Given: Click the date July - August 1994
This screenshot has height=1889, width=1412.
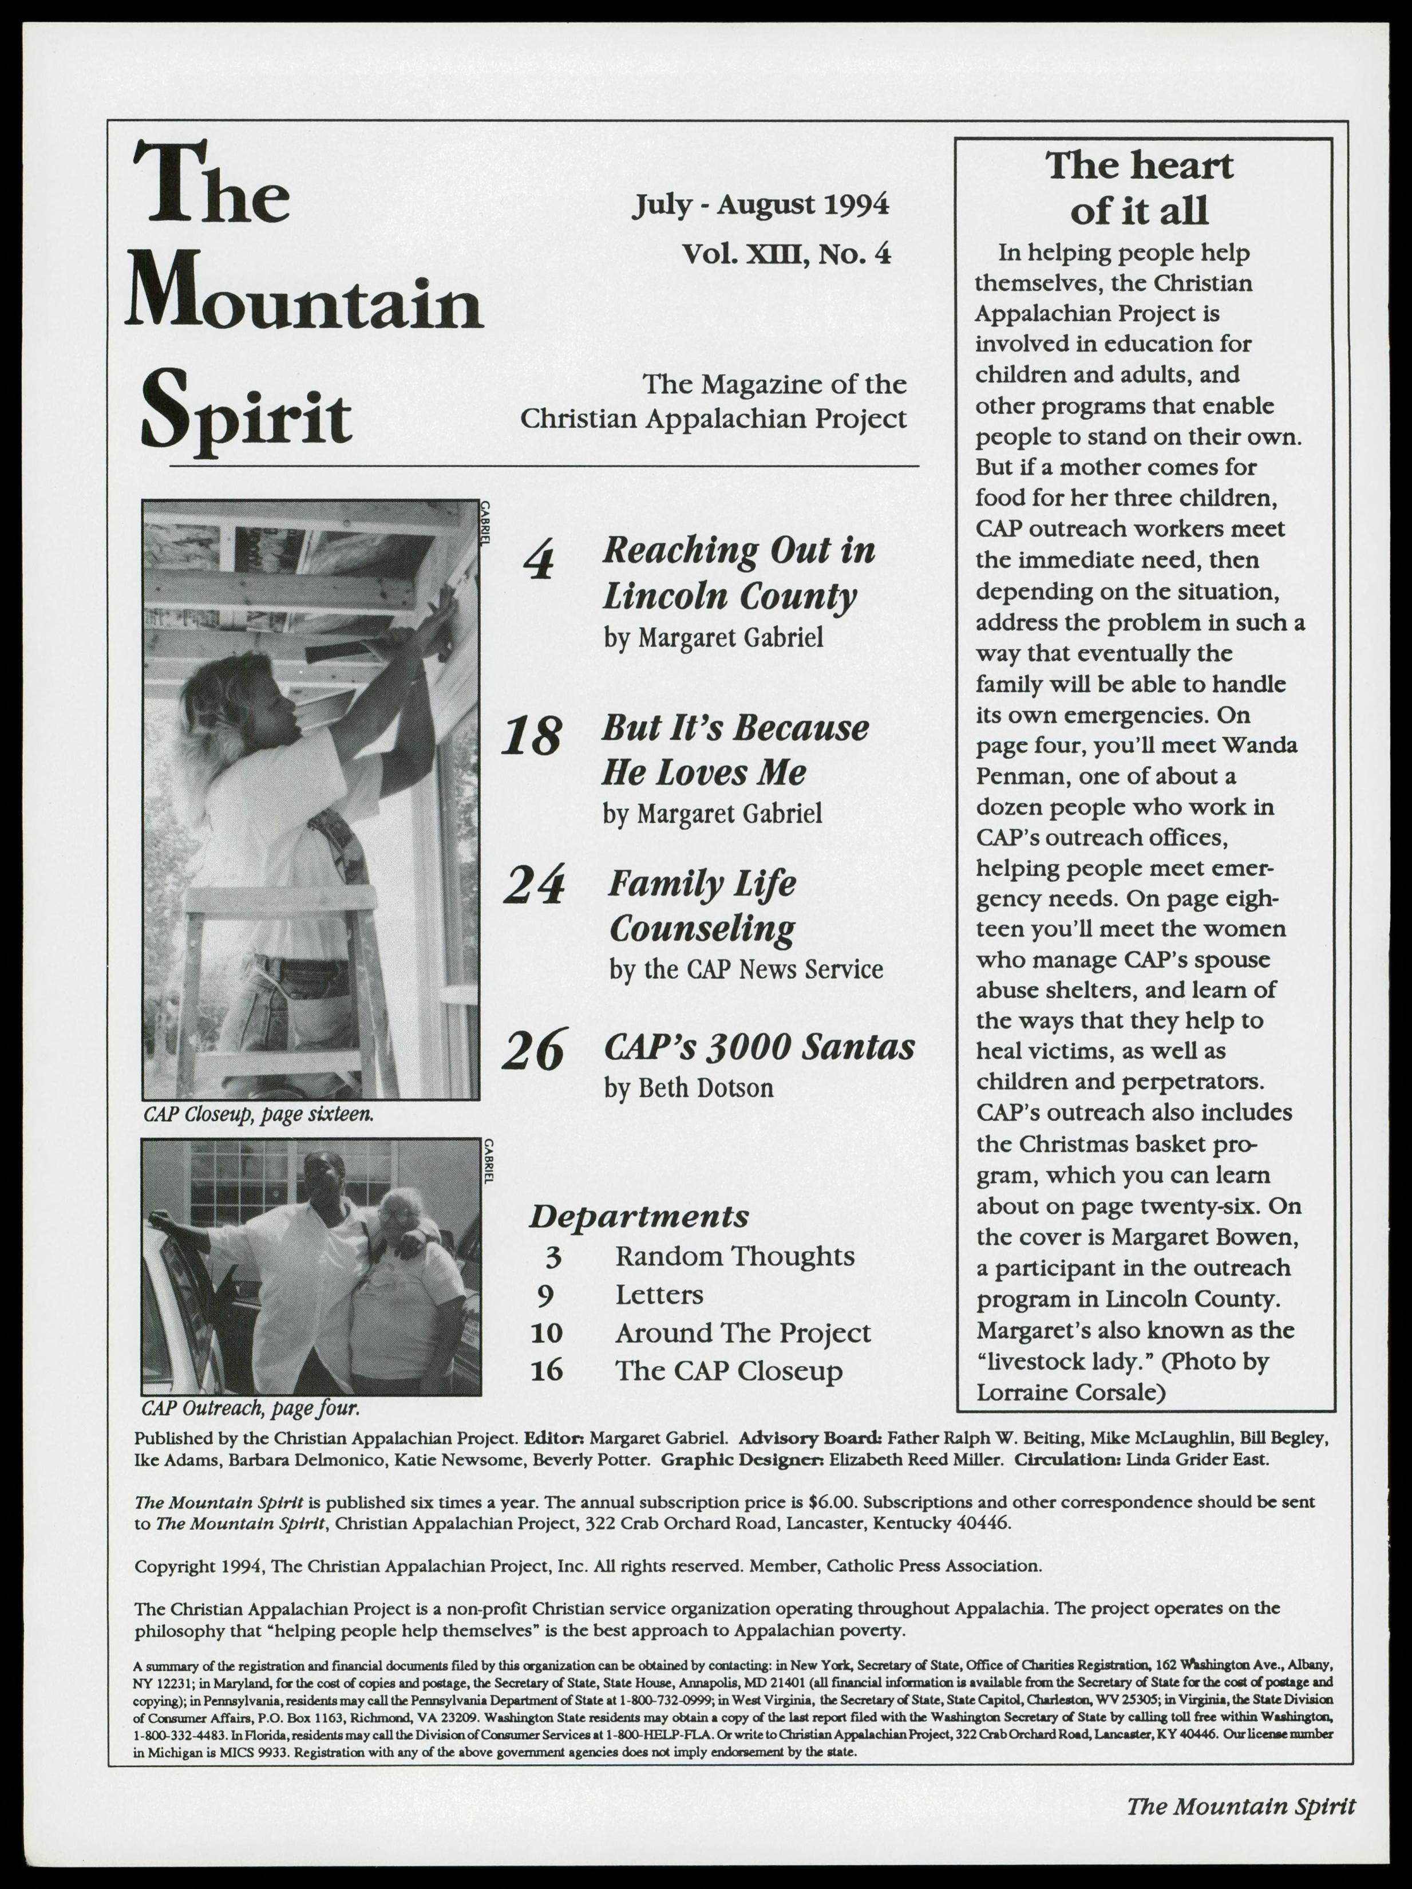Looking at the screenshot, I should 760,206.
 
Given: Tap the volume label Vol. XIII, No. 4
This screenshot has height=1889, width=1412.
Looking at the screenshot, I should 785,254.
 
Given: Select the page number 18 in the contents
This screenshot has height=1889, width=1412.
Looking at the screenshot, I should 532,736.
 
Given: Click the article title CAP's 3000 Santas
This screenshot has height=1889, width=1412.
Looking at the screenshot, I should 759,1047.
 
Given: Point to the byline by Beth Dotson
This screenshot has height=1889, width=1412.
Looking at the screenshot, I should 688,1088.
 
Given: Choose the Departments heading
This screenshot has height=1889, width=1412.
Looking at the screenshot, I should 639,1216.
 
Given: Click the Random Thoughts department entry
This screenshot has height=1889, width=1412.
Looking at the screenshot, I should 734,1256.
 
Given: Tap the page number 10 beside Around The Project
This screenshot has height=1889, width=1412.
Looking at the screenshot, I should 547,1333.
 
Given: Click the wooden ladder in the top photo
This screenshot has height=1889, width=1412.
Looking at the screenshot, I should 282,982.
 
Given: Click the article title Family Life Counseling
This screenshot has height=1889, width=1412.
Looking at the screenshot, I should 702,905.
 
